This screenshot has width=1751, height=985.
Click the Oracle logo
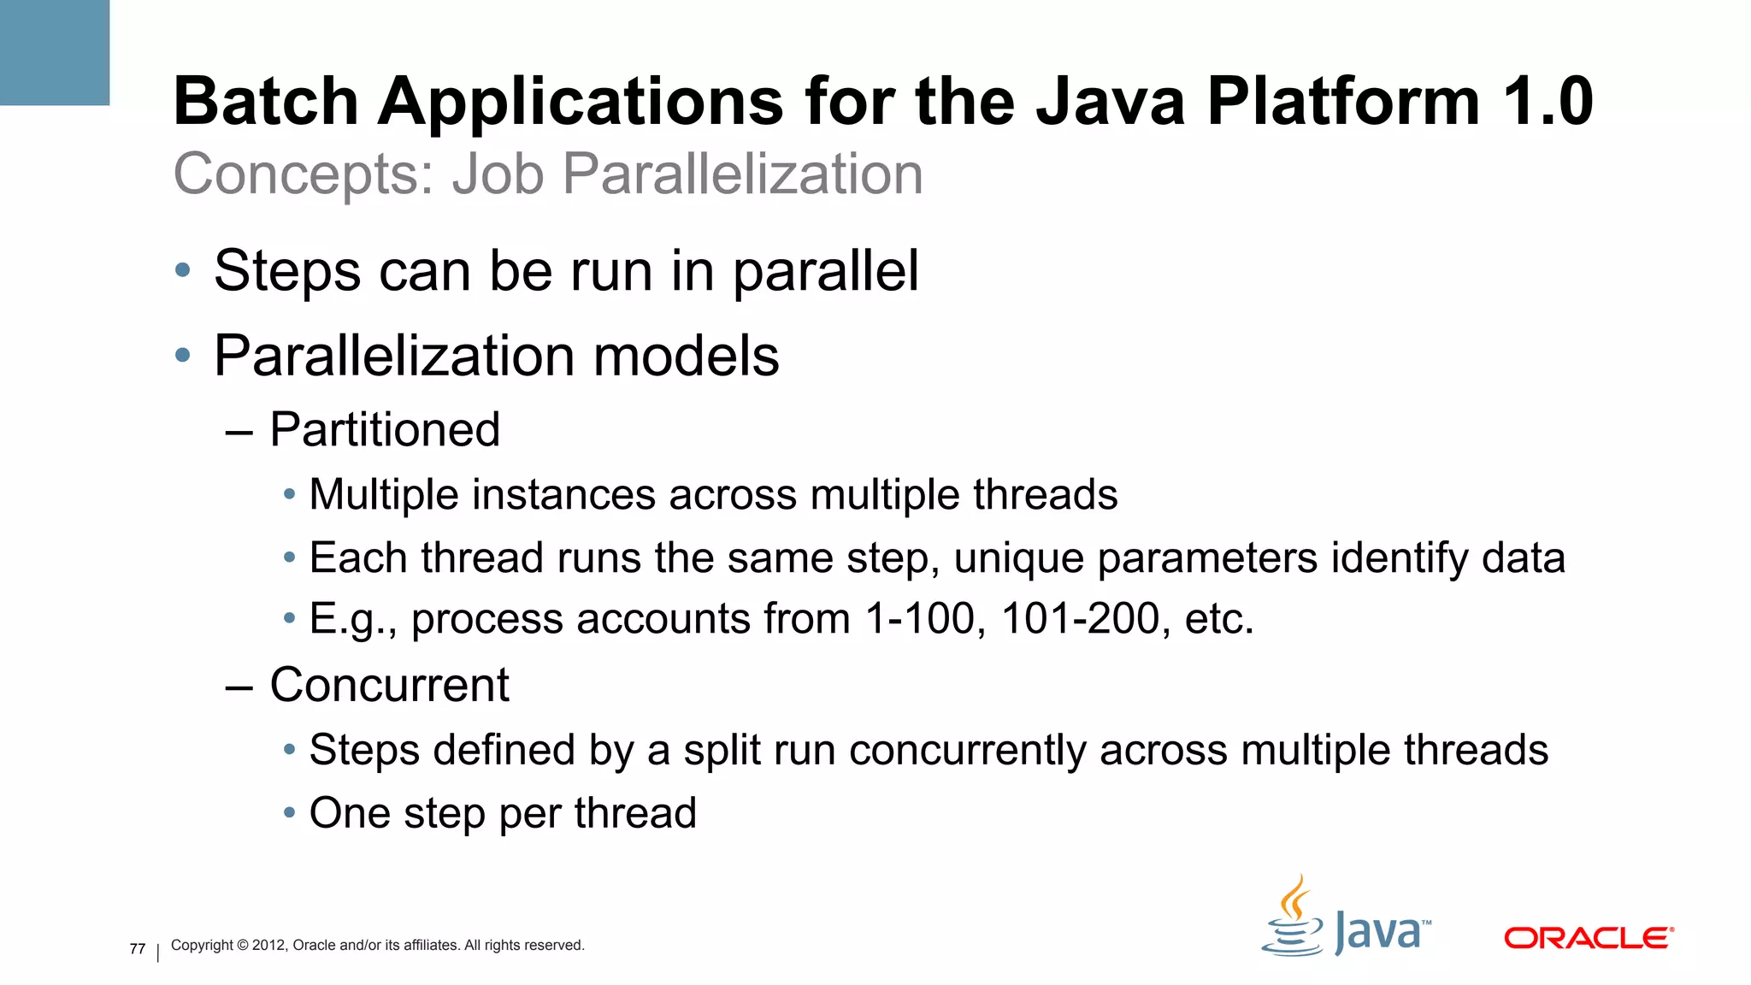[1588, 938]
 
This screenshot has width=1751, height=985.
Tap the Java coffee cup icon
[1293, 920]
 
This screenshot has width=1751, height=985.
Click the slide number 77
[138, 949]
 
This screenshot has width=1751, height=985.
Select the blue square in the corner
[54, 52]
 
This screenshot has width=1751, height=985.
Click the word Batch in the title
[266, 102]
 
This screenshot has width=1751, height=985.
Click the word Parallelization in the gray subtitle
[742, 174]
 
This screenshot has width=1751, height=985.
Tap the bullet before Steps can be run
[182, 271]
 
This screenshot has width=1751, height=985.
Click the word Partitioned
[385, 429]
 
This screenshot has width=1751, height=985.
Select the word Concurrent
[389, 685]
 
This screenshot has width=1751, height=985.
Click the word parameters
[1207, 557]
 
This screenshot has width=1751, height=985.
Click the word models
[686, 356]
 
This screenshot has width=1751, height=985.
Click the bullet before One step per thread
[290, 812]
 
